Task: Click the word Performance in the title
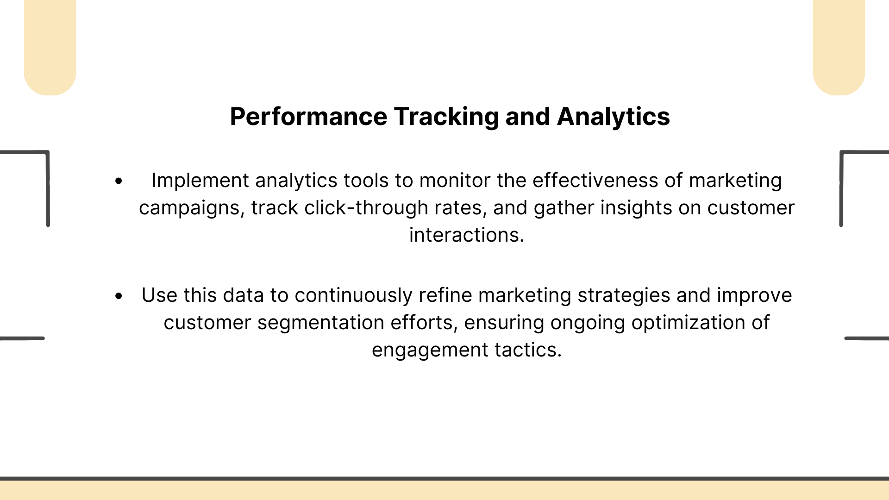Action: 308,117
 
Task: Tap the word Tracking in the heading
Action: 446,117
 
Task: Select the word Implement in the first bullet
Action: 200,181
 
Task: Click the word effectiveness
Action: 595,180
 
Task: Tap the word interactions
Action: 467,235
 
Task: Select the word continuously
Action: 353,295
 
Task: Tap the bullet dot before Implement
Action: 119,181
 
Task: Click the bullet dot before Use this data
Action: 119,296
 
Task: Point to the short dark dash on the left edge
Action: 22,338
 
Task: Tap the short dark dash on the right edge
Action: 867,338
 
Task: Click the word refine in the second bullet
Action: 445,295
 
